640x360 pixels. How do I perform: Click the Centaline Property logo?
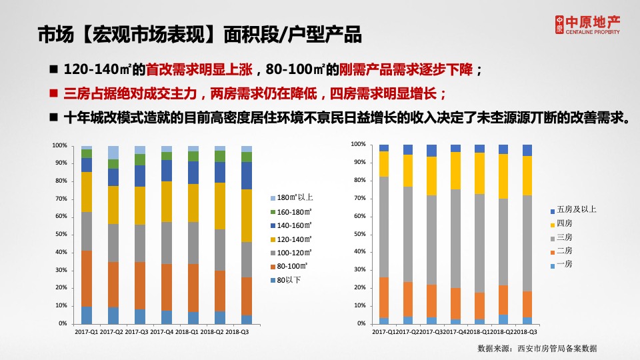(587, 25)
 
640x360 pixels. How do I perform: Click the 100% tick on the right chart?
(358, 145)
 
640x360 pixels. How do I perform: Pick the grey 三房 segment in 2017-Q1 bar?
(384, 227)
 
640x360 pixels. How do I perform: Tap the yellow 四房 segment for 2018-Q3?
(527, 175)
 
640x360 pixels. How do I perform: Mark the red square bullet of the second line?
(55, 93)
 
